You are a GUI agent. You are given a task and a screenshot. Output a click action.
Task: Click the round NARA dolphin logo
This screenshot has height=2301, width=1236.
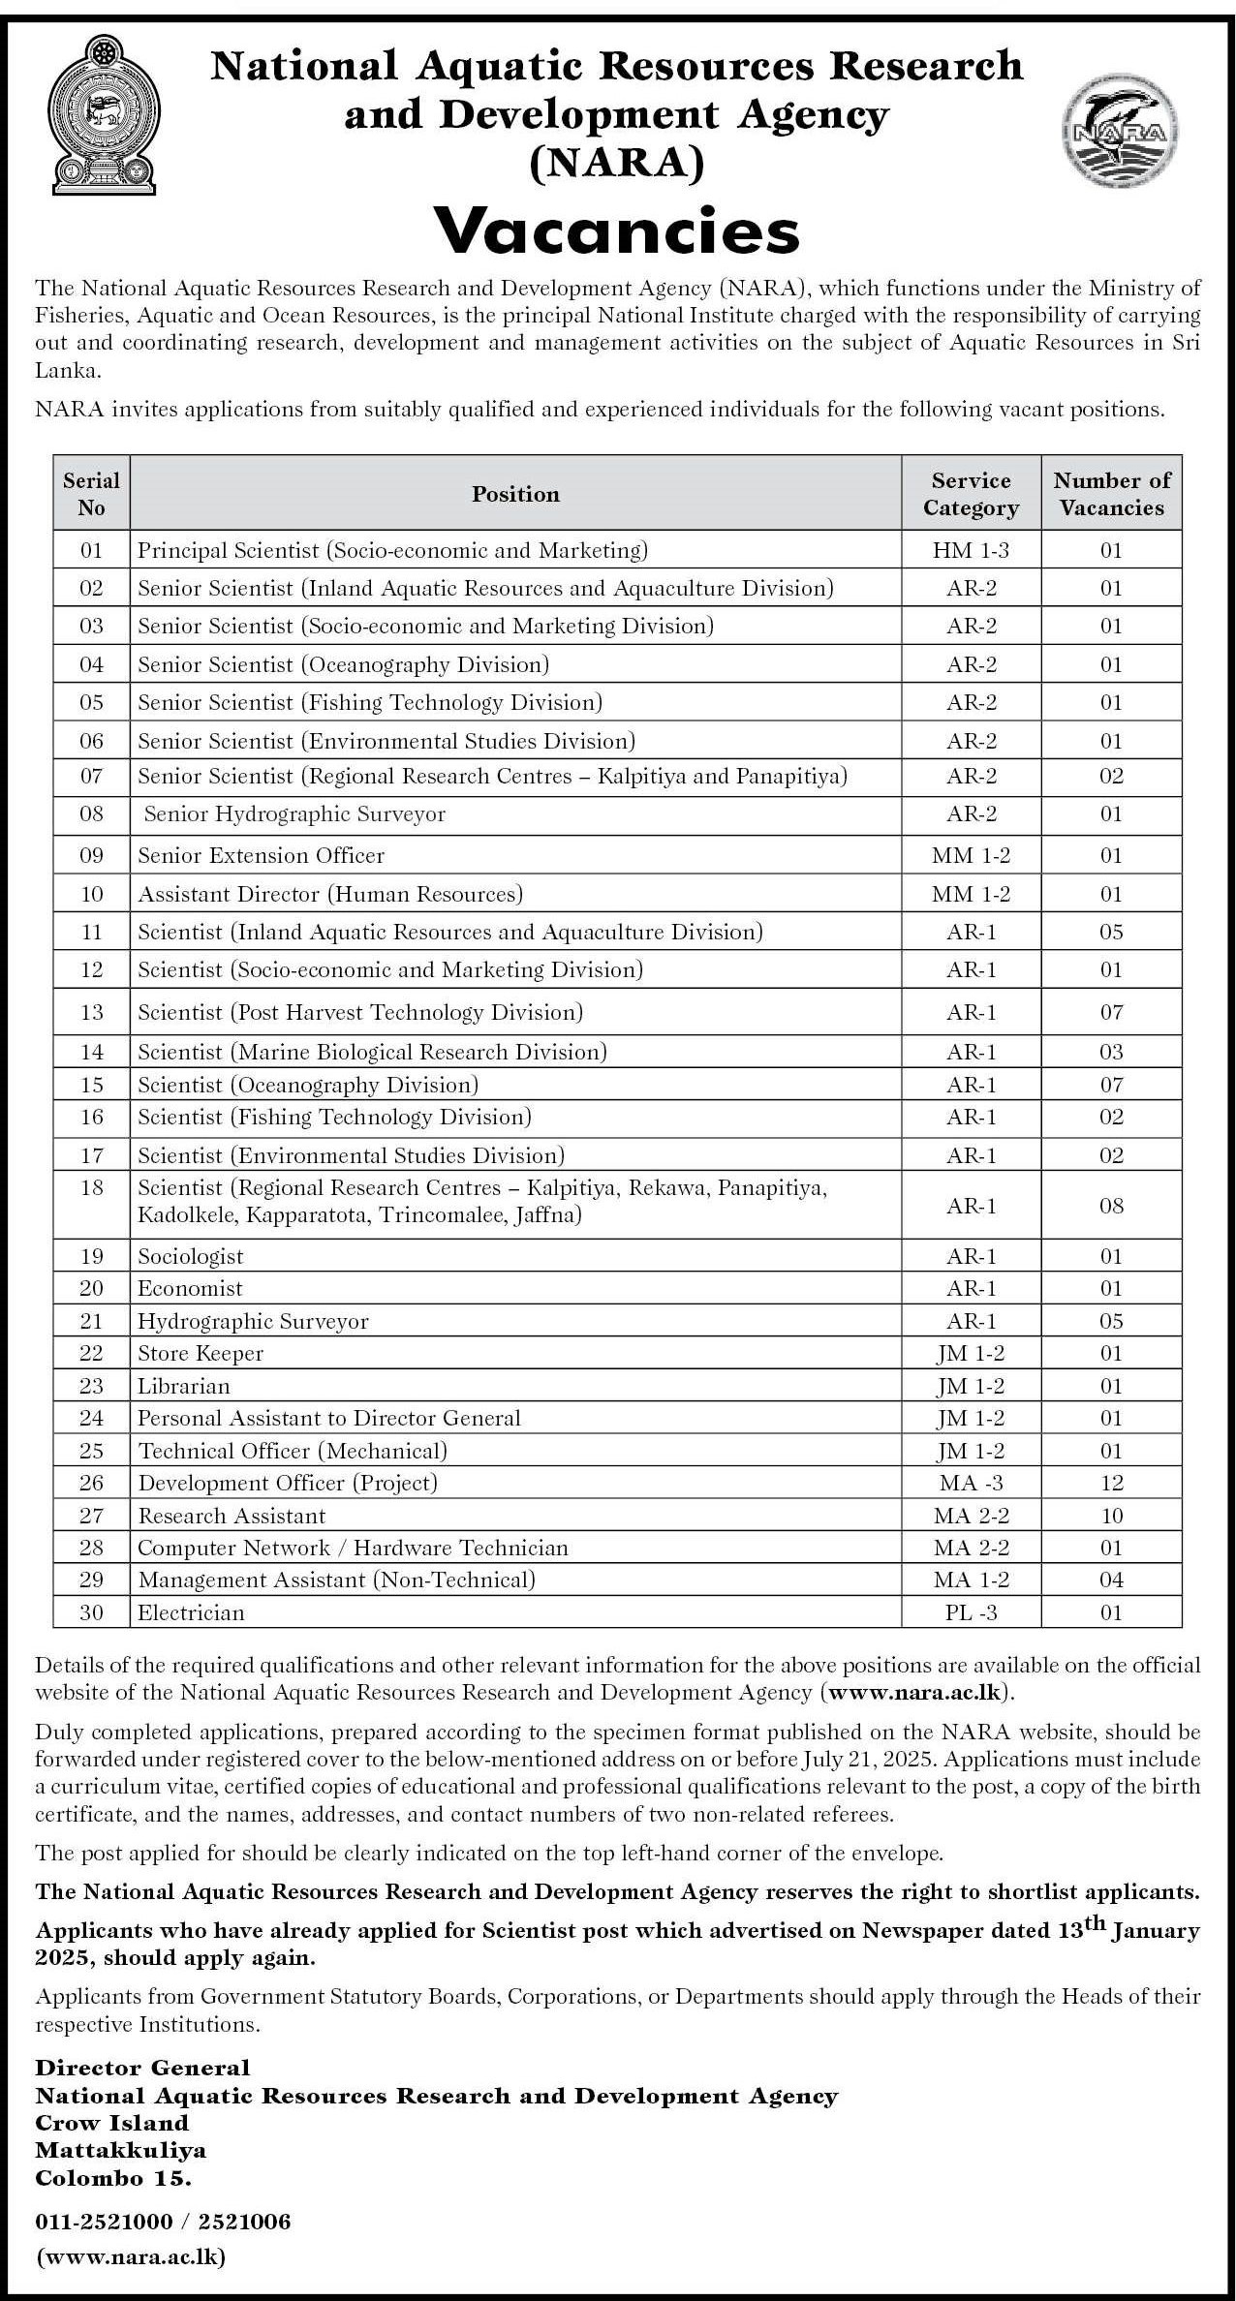pos(1120,132)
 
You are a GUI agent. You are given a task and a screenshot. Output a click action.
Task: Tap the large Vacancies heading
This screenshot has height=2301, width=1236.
pos(617,231)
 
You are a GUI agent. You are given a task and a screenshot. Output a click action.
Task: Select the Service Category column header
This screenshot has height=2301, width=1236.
pos(971,494)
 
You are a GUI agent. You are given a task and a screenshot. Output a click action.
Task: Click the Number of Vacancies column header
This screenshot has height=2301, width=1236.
pos(1111,494)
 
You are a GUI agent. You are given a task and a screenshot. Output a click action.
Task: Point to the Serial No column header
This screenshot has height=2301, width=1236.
pos(91,494)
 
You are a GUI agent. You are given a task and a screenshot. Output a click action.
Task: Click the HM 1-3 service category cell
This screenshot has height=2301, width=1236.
pos(971,550)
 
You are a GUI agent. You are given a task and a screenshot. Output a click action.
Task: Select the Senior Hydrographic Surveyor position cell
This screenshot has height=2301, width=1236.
pos(294,814)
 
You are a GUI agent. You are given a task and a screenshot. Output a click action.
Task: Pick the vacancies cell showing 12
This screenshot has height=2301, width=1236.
pos(1111,1483)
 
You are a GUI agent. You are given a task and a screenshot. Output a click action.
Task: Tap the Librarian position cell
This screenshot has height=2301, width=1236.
pos(184,1386)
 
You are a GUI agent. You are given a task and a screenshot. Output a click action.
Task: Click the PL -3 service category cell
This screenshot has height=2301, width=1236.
pos(971,1612)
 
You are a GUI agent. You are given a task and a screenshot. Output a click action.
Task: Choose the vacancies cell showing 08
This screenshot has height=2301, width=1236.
pos(1111,1206)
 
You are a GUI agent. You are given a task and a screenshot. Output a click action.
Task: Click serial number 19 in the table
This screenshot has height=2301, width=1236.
pos(91,1256)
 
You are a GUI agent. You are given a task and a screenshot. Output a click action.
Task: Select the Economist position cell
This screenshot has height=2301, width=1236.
pos(190,1288)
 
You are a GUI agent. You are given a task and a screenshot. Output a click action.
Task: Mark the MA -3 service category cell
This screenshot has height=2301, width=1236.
pos(971,1483)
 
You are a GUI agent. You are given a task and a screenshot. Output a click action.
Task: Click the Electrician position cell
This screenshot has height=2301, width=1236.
pos(191,1612)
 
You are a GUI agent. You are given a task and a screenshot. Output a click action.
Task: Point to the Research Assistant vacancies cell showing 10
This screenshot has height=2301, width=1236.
pos(1111,1516)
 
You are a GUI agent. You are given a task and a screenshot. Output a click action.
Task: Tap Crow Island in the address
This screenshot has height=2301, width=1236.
pos(111,2123)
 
